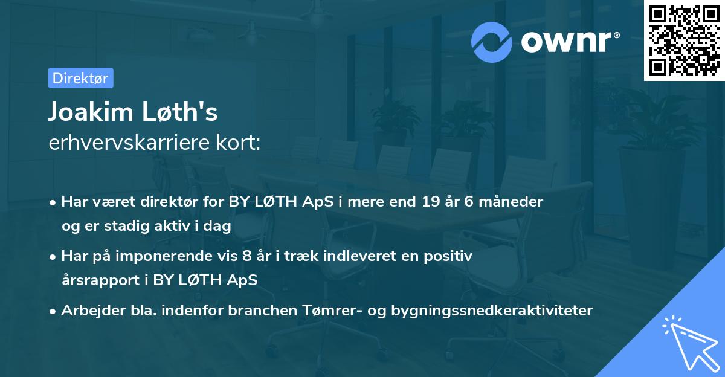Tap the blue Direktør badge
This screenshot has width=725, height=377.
[80, 78]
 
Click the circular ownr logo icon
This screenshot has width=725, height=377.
[492, 42]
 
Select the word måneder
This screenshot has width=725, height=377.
[513, 202]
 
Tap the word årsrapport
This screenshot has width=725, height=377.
[98, 280]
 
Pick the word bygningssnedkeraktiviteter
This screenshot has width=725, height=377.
[492, 311]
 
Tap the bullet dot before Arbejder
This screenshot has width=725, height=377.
[53, 311]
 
